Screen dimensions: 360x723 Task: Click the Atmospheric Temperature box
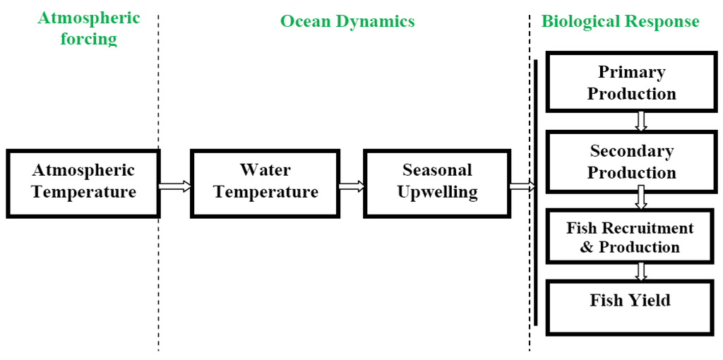point(83,182)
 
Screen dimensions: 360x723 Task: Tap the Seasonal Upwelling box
point(437,181)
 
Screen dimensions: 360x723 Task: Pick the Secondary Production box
point(632,162)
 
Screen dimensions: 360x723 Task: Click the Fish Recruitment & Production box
point(630,238)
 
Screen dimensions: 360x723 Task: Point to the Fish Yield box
point(630,306)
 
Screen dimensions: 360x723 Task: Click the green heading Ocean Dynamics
point(347,21)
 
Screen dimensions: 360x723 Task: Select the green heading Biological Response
point(620,21)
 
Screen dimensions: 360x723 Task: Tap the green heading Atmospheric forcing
point(89,28)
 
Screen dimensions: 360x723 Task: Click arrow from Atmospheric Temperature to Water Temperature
point(175,186)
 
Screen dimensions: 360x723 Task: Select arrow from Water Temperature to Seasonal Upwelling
point(351,186)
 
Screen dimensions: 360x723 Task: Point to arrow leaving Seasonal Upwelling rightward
point(522,186)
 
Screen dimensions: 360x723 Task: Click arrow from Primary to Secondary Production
point(640,121)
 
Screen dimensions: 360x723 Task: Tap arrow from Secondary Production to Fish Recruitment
point(640,198)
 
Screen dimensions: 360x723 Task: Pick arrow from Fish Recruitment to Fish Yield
point(640,271)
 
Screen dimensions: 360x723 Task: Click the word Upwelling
point(437,192)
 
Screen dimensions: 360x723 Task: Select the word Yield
point(650,301)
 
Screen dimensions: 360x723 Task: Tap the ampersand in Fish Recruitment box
point(587,248)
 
